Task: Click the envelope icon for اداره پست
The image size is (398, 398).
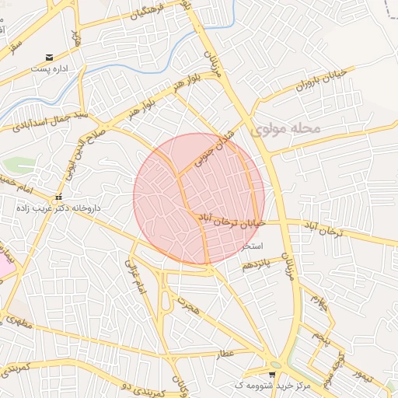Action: tap(51, 57)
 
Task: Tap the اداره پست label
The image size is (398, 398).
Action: tap(51, 68)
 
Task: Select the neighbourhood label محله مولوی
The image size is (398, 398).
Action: tap(286, 127)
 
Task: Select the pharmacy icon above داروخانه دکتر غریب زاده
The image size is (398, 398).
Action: tap(59, 197)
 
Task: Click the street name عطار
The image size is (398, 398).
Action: tap(226, 354)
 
